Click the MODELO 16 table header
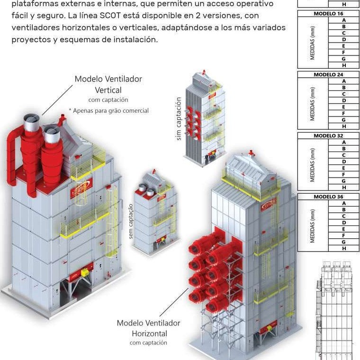[x=328, y=14]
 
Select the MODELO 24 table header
[x=328, y=74]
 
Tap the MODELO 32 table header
[x=328, y=135]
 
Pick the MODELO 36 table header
[x=328, y=197]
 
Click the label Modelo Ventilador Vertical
[x=108, y=84]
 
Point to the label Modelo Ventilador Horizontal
[x=149, y=328]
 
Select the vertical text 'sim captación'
[x=179, y=118]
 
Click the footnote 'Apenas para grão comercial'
[x=108, y=111]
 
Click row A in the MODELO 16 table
[x=343, y=20]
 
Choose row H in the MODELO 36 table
[x=343, y=248]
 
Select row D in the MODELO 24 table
[x=343, y=100]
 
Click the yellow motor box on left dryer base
[x=86, y=273]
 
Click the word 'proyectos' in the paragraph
[x=30, y=39]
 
